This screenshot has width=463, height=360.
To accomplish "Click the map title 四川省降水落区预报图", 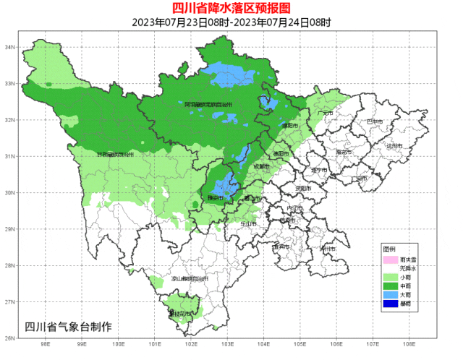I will point(231,8).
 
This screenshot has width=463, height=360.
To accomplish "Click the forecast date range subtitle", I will point(231,22).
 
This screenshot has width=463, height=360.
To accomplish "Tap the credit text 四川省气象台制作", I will point(68,326).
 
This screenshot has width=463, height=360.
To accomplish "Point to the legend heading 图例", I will point(389,249).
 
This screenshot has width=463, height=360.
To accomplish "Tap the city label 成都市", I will point(260,167).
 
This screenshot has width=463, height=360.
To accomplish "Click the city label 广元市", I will point(324,113).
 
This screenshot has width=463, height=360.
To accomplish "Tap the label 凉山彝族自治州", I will point(190,278).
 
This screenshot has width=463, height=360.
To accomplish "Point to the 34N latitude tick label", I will point(10,47).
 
